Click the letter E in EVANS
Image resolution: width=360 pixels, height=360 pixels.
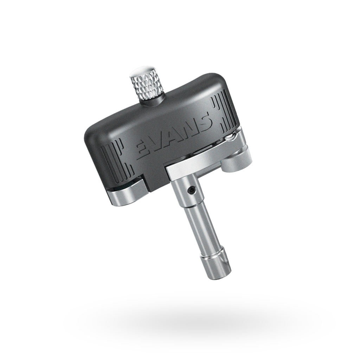click(x=143, y=149)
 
